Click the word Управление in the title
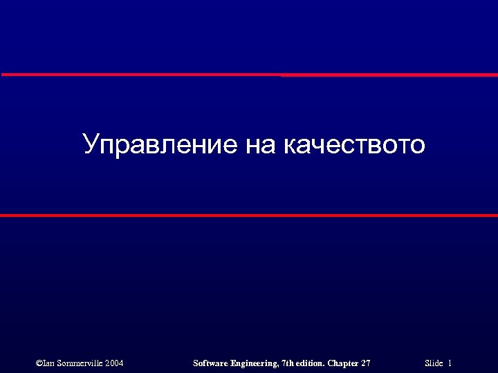click(x=160, y=145)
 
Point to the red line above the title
click(x=249, y=75)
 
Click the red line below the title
click(x=249, y=216)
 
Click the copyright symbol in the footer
click(x=39, y=363)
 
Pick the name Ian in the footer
click(x=50, y=363)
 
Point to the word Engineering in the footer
click(x=255, y=363)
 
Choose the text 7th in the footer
click(x=290, y=363)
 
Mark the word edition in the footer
click(x=313, y=363)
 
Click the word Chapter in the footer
click(x=344, y=363)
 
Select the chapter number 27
click(x=366, y=363)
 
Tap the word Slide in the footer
click(x=434, y=363)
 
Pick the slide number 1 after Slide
click(x=450, y=363)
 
